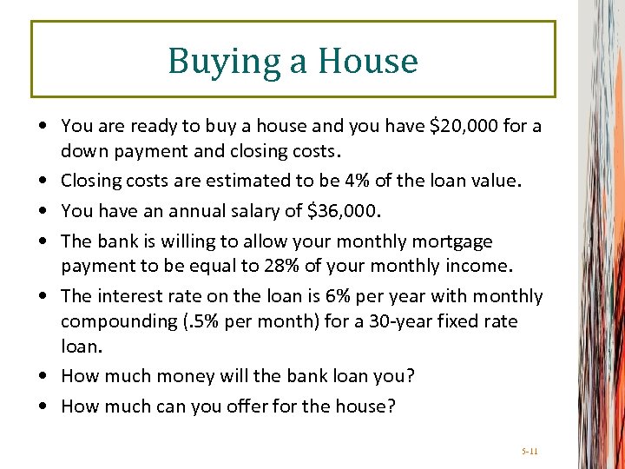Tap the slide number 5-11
[530, 452]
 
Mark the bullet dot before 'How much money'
[43, 376]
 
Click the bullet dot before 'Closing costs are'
[43, 182]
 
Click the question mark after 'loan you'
[411, 376]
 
